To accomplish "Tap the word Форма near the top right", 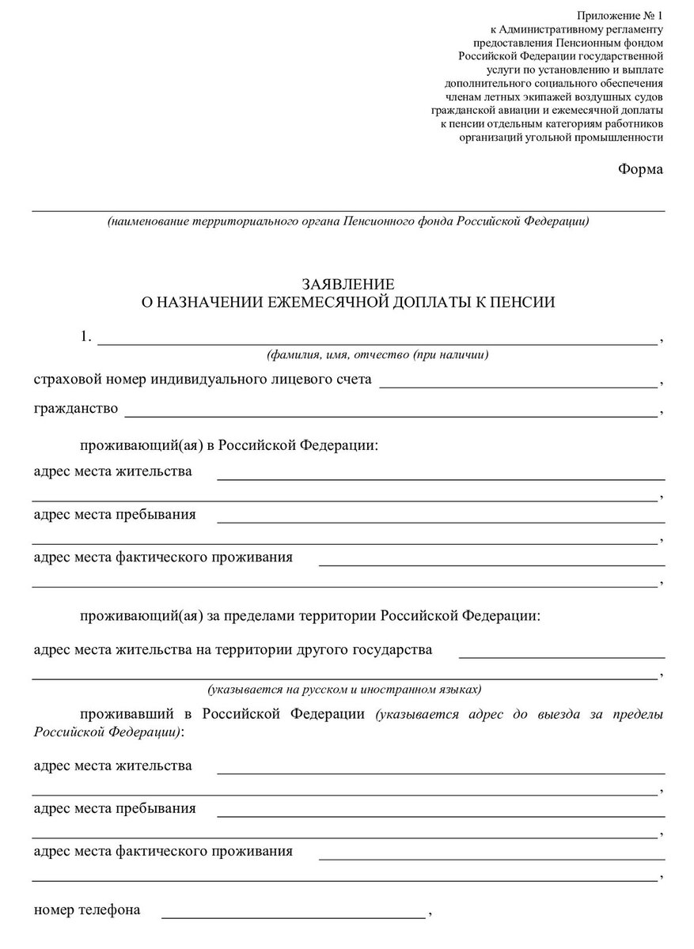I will [640, 169].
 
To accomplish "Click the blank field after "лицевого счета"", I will [518, 384].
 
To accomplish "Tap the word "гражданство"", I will [76, 409].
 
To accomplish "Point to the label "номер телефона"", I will [87, 909].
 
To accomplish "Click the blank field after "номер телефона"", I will [293, 914].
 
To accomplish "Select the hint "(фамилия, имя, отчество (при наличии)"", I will [377, 354].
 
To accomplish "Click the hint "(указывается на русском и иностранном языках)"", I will [344, 688].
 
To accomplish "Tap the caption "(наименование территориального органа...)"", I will [348, 221].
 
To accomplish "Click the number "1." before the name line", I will [86, 338].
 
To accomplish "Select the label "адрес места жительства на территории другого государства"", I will [233, 650].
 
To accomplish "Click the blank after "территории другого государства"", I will [561, 655].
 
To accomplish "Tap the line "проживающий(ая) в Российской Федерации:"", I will [229, 446].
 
